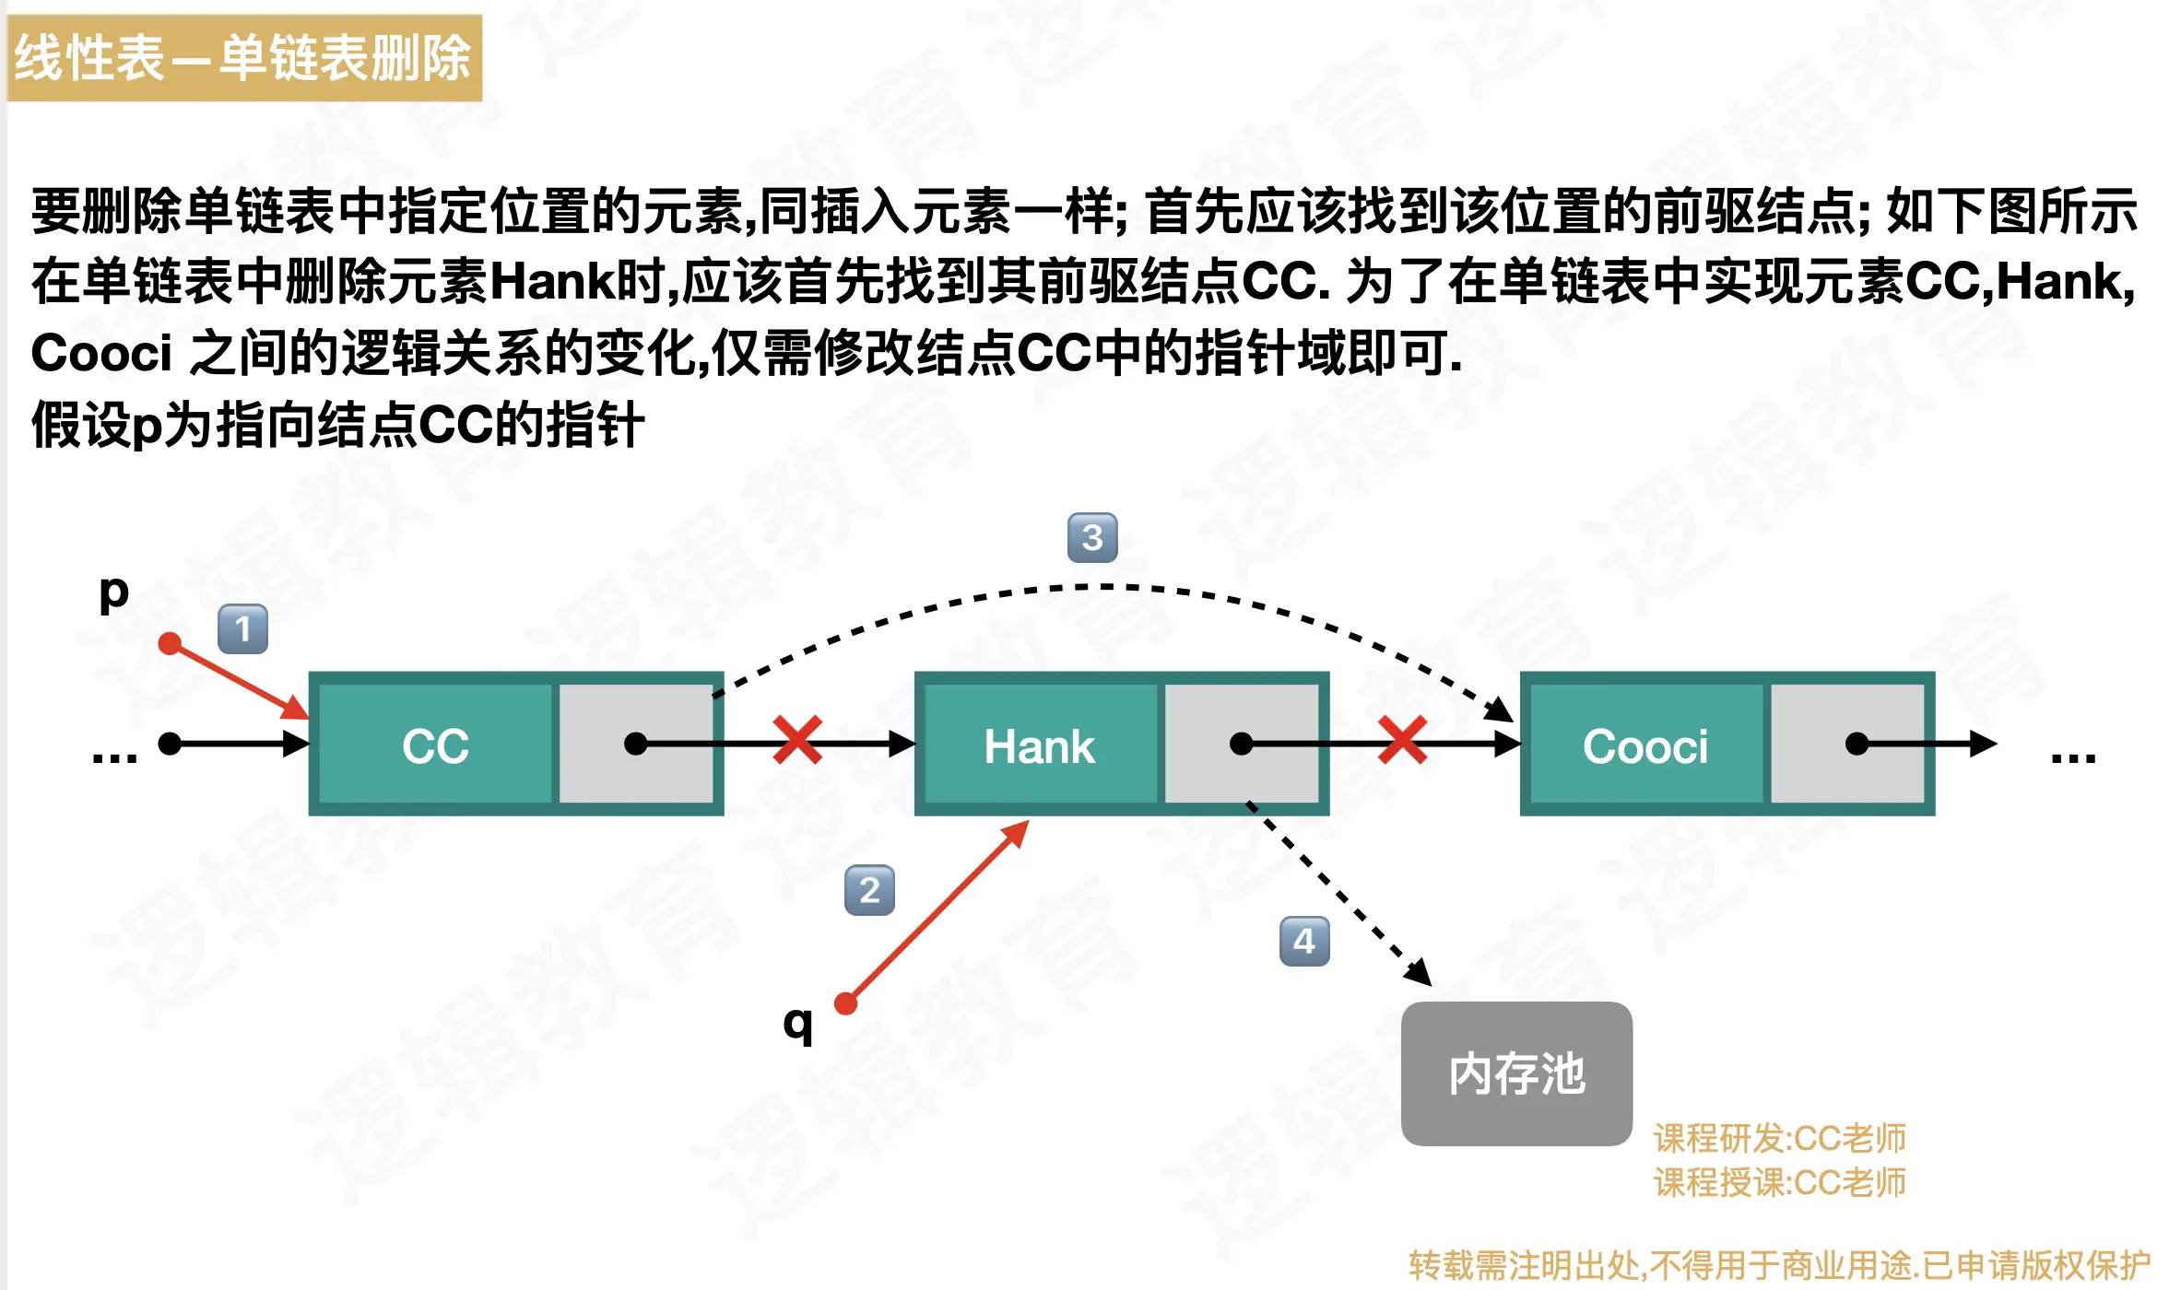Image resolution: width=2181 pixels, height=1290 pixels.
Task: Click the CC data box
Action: click(x=435, y=745)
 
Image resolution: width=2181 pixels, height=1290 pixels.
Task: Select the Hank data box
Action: click(x=1039, y=745)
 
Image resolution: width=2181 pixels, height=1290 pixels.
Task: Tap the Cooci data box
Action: click(x=1645, y=745)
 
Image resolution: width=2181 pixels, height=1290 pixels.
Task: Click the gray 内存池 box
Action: click(x=1516, y=1073)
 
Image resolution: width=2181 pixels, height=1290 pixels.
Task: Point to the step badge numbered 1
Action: click(x=242, y=629)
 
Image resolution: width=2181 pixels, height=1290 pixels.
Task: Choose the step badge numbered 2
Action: click(x=869, y=890)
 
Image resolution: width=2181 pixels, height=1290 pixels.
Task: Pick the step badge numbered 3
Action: click(x=1092, y=537)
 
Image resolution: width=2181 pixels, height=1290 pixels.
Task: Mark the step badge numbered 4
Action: click(x=1304, y=941)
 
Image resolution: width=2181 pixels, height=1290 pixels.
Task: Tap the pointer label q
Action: click(x=797, y=1023)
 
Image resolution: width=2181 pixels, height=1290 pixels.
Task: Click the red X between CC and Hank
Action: click(x=797, y=740)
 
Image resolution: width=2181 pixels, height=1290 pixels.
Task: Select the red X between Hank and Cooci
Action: click(x=1402, y=740)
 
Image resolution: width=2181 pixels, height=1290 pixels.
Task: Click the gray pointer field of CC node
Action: click(x=636, y=745)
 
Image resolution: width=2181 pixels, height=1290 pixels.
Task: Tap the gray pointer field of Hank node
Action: click(x=1242, y=745)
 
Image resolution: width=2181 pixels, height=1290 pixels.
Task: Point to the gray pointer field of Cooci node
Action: click(x=1847, y=745)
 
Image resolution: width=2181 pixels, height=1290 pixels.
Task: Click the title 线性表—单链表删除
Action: click(x=243, y=57)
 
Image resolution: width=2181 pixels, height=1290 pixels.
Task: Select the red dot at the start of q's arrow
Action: click(x=845, y=1003)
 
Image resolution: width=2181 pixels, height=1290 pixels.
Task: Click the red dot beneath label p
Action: click(x=170, y=643)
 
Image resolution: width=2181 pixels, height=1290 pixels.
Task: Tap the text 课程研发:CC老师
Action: click(x=1779, y=1139)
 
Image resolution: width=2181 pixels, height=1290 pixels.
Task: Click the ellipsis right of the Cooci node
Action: click(x=2073, y=757)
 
